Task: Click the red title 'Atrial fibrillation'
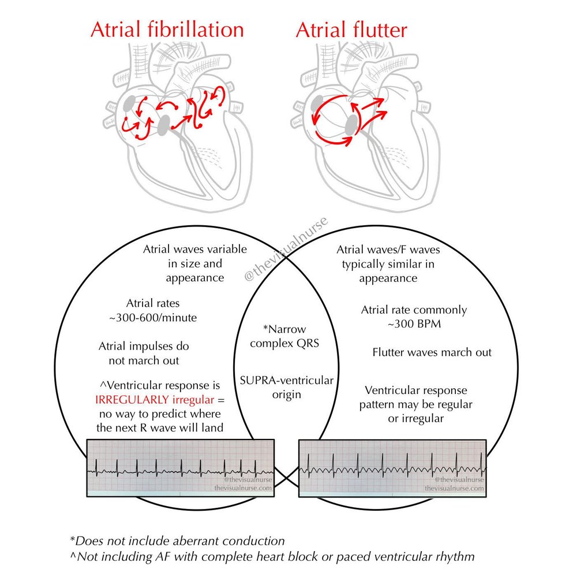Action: click(167, 30)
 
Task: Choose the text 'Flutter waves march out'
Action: click(432, 352)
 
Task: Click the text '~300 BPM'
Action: click(413, 324)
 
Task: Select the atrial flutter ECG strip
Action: click(392, 466)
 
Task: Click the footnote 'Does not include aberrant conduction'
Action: click(177, 541)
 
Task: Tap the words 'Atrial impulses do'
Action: click(144, 347)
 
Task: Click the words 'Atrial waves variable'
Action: click(194, 250)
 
